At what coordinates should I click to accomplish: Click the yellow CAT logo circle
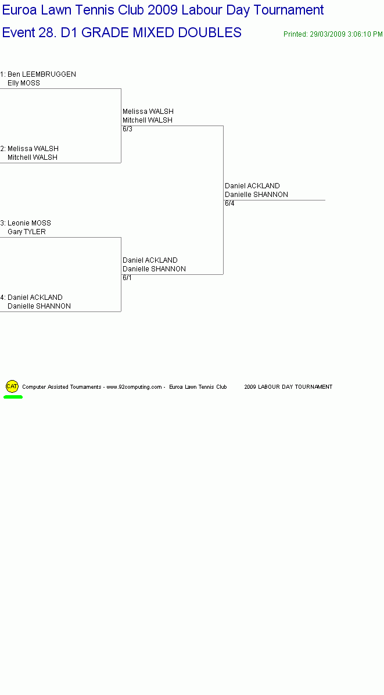tap(12, 386)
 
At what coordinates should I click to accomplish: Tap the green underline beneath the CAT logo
tap(13, 397)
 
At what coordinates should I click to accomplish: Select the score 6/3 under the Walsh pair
tap(128, 129)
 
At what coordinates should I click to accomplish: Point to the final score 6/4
tap(229, 203)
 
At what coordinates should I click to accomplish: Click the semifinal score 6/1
tap(127, 278)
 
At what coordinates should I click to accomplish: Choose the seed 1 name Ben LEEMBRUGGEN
tap(42, 74)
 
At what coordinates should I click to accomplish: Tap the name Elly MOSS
tap(23, 83)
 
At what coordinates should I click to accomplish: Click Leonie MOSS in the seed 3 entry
tap(29, 223)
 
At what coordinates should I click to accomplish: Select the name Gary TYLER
tap(27, 232)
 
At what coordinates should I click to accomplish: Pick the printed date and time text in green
tap(333, 34)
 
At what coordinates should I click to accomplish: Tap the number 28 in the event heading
tap(48, 33)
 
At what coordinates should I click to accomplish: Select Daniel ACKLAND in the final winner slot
tap(253, 186)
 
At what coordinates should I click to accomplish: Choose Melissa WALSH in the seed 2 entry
tap(33, 149)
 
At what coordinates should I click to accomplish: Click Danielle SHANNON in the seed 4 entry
tap(39, 306)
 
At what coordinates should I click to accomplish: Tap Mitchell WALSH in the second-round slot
tap(148, 120)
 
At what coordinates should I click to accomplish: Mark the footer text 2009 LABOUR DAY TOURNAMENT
tap(288, 387)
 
